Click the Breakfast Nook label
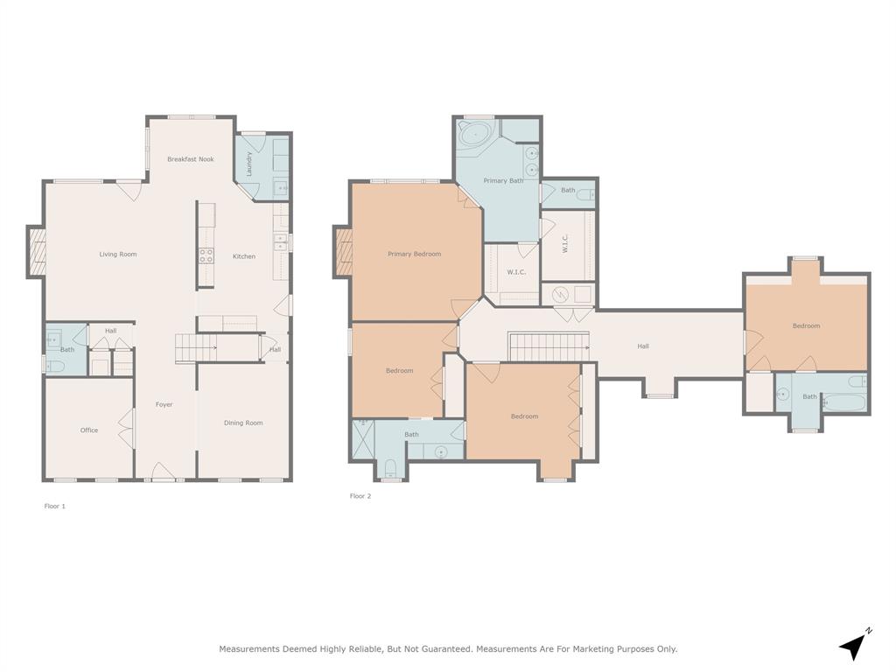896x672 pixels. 191,159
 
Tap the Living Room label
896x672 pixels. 117,255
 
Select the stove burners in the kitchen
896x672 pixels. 206,255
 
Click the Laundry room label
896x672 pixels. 249,164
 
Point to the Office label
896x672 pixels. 89,430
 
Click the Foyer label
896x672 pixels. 164,405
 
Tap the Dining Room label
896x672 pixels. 243,423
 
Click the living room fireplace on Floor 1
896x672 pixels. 36,252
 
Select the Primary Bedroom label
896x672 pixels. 414,255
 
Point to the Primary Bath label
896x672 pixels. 503,181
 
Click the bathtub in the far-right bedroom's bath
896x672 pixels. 845,402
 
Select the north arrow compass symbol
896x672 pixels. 854,645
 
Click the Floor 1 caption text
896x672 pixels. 55,507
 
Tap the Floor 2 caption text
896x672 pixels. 360,496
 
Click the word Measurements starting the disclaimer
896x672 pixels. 248,649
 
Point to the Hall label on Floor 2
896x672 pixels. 643,346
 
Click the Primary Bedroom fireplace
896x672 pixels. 342,252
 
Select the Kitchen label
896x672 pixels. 244,256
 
